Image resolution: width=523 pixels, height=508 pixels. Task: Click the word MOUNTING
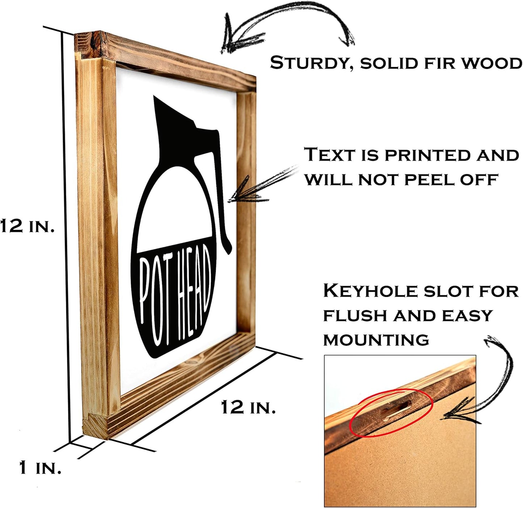pos(376,340)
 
